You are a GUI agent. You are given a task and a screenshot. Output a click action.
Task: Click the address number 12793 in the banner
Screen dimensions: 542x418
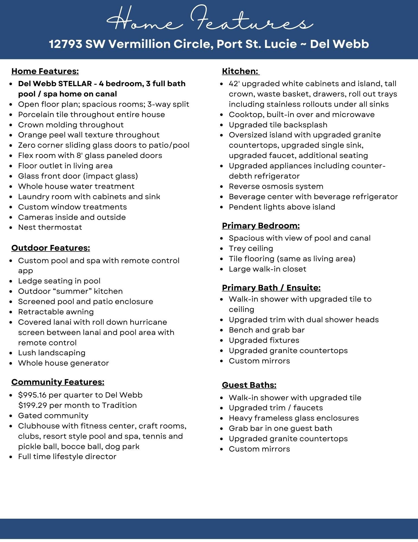[65, 44]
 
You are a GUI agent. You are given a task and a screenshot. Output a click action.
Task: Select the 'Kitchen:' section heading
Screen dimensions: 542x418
[240, 71]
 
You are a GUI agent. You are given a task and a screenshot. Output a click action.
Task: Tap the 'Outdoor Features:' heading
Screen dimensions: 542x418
[51, 248]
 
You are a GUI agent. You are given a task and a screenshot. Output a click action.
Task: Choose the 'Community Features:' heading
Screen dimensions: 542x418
[58, 382]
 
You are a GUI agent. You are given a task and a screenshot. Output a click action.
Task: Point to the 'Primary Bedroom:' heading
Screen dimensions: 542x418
[261, 225]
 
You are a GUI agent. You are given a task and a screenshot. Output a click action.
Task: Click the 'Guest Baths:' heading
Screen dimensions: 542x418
[249, 385]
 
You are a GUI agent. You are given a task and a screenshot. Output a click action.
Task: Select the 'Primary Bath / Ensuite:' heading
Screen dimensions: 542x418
[271, 288]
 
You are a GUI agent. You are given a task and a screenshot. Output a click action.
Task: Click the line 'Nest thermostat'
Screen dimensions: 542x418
[50, 227]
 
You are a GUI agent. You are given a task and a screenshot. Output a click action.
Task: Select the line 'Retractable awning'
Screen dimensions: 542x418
[56, 312]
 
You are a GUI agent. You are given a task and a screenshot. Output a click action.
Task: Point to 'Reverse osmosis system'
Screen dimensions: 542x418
[276, 186]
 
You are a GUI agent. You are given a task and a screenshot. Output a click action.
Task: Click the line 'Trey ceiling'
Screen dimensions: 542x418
[251, 248]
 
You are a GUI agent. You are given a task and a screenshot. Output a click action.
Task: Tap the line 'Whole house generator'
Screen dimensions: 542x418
[63, 363]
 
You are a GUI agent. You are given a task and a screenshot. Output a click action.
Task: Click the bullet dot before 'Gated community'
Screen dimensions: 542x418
[11, 416]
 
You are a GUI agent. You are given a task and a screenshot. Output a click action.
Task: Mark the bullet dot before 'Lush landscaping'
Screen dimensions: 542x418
[11, 353]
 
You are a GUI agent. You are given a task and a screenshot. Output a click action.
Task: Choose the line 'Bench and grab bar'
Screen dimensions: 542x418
[266, 330]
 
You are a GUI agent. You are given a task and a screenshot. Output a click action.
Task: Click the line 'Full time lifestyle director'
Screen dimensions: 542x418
[67, 456]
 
